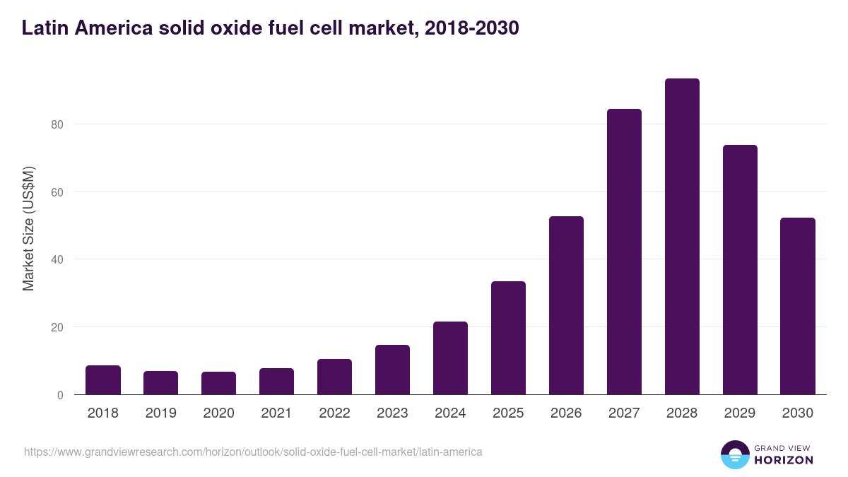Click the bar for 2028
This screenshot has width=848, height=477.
(682, 237)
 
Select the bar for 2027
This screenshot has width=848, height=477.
(624, 252)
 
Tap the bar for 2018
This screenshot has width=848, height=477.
(103, 380)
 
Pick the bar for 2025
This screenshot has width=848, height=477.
(508, 338)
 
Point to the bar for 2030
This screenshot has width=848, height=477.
(798, 306)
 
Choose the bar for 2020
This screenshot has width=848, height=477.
(219, 383)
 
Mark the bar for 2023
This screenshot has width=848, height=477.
(392, 370)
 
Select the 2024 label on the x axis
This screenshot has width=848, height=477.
(450, 413)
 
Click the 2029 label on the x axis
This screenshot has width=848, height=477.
(740, 413)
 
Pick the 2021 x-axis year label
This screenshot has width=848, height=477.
(276, 413)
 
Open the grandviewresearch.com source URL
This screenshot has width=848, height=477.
(253, 452)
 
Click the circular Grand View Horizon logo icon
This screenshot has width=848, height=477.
(734, 454)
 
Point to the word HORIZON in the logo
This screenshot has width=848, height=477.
(783, 460)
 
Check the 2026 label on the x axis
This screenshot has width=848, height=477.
(566, 413)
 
